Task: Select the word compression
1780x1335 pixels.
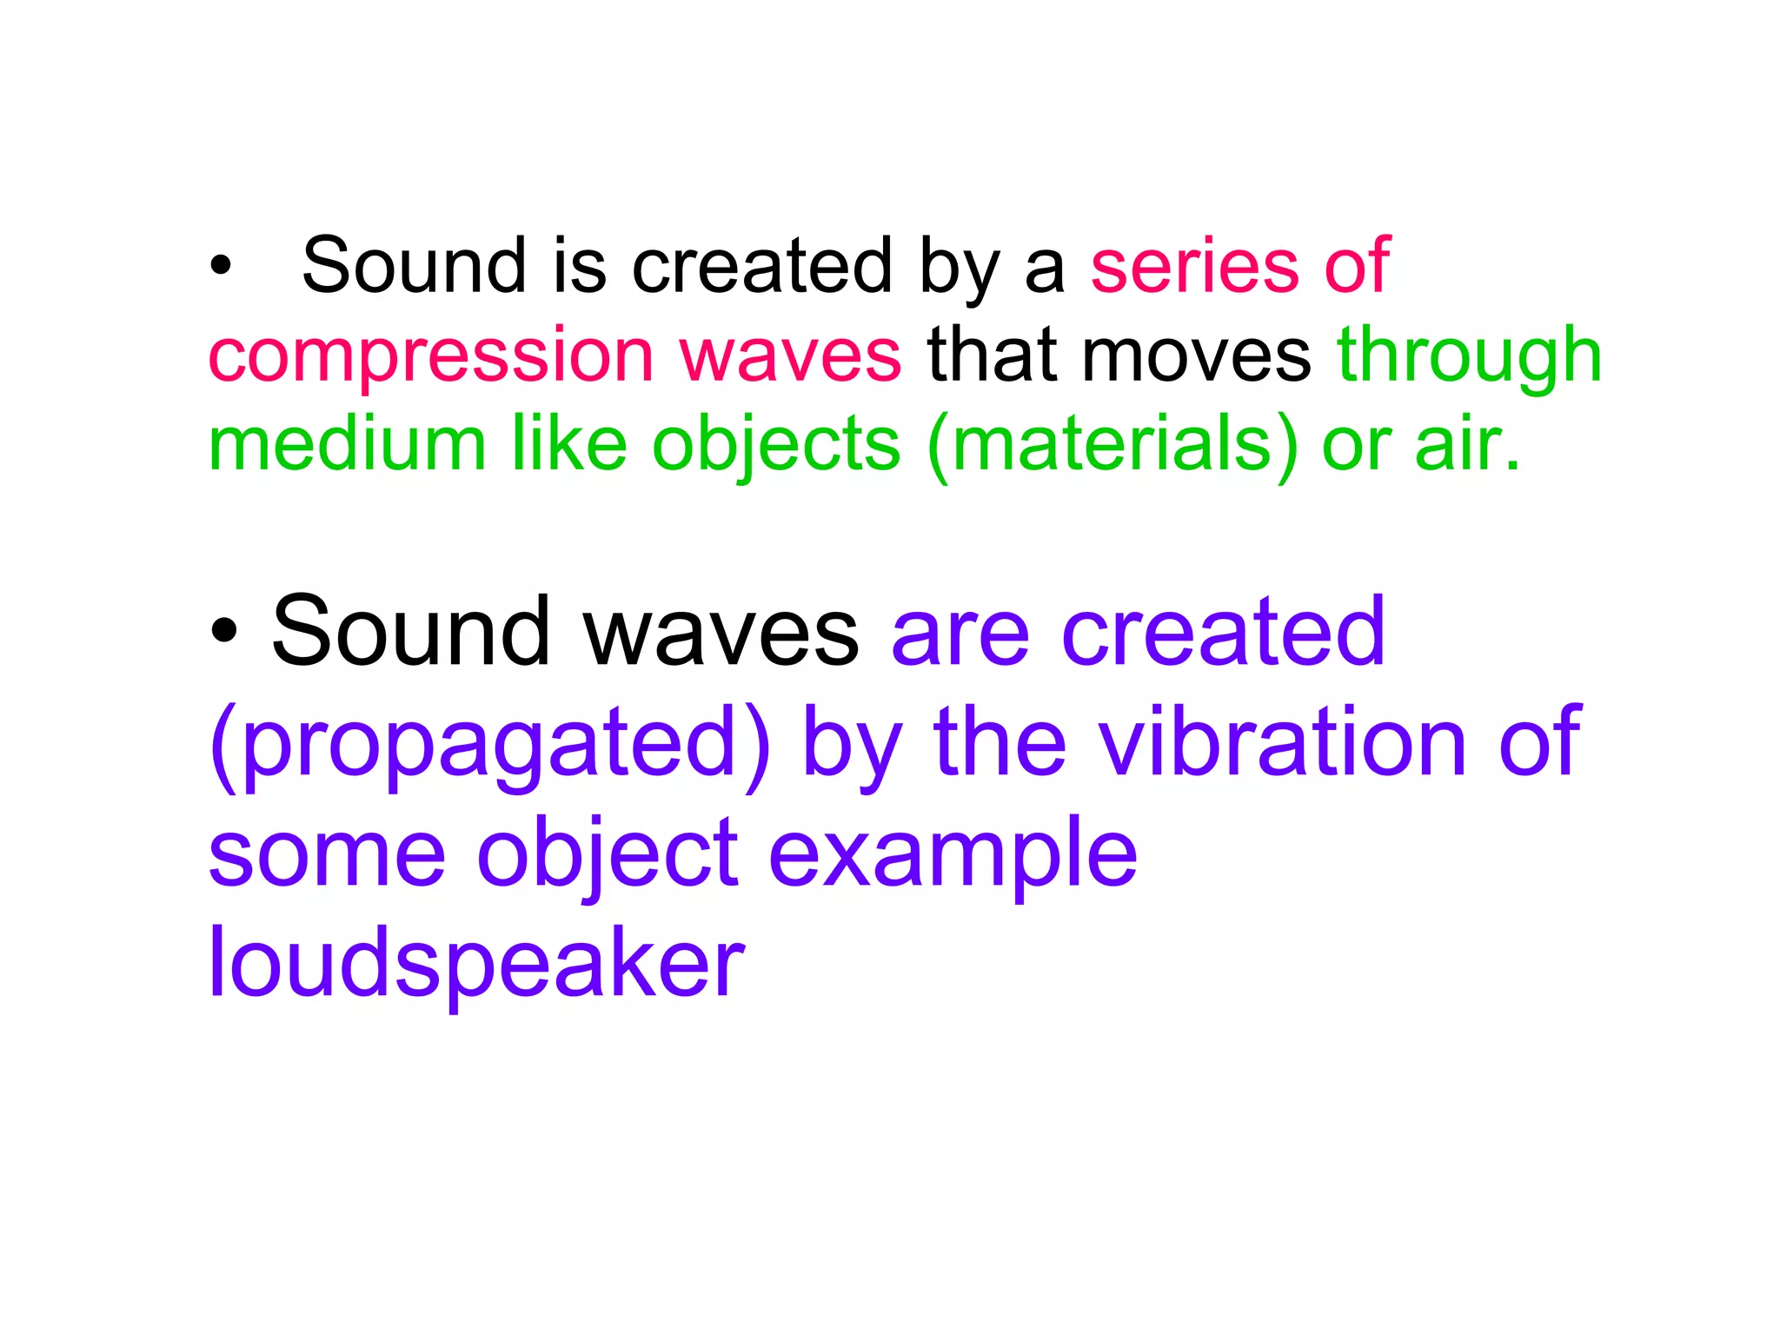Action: pos(431,356)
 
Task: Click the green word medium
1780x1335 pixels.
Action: pos(347,445)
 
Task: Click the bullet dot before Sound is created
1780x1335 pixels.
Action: pos(221,267)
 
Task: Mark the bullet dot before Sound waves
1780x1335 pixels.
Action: pos(223,632)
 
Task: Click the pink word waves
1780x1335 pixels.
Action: pos(790,356)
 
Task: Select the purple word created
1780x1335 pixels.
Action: pos(1223,632)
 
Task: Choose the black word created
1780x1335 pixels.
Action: pos(761,266)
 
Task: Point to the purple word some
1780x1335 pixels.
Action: pos(327,855)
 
